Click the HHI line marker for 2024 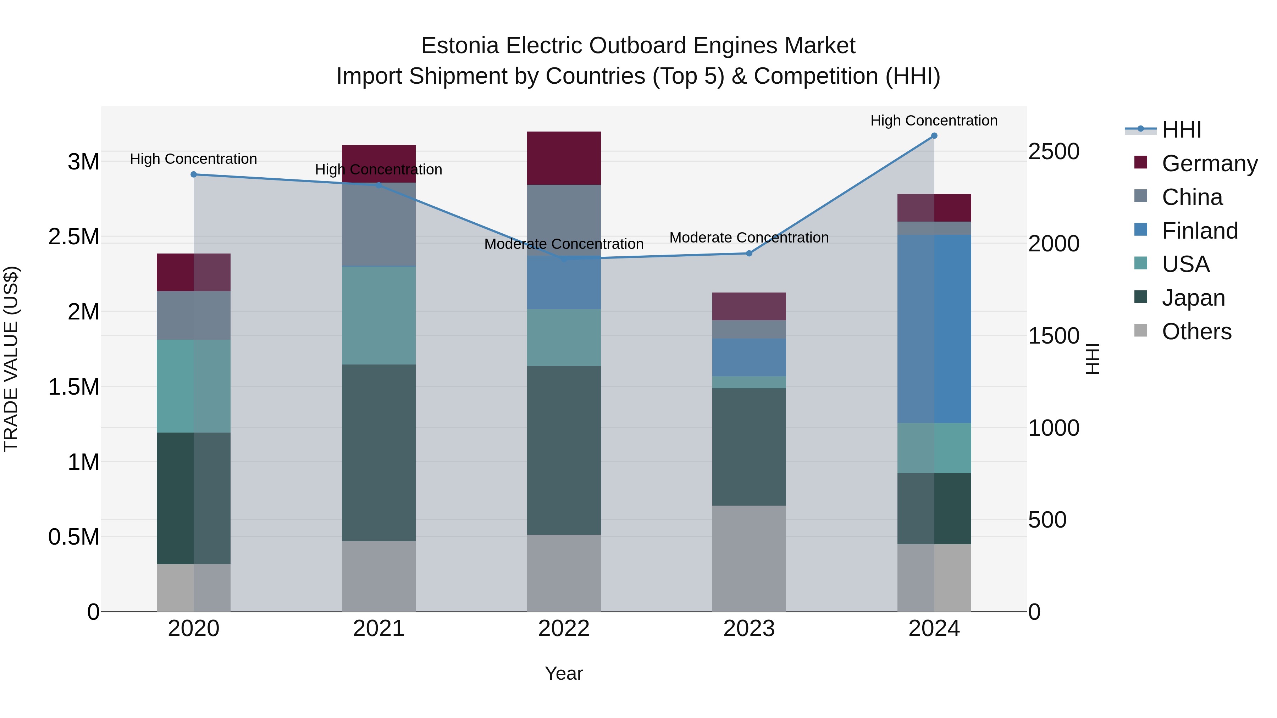tap(934, 136)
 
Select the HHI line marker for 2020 tap(194, 174)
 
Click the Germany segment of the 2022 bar tap(564, 158)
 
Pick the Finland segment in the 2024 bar tap(934, 329)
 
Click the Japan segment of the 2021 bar tap(379, 452)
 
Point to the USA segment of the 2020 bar tap(194, 386)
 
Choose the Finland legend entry tap(1199, 231)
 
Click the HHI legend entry tap(1181, 130)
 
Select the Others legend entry tap(1196, 332)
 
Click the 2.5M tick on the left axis tap(74, 237)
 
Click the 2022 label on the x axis tap(564, 629)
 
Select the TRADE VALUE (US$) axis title tap(11, 359)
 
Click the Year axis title tap(564, 673)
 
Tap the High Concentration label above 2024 tap(934, 121)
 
